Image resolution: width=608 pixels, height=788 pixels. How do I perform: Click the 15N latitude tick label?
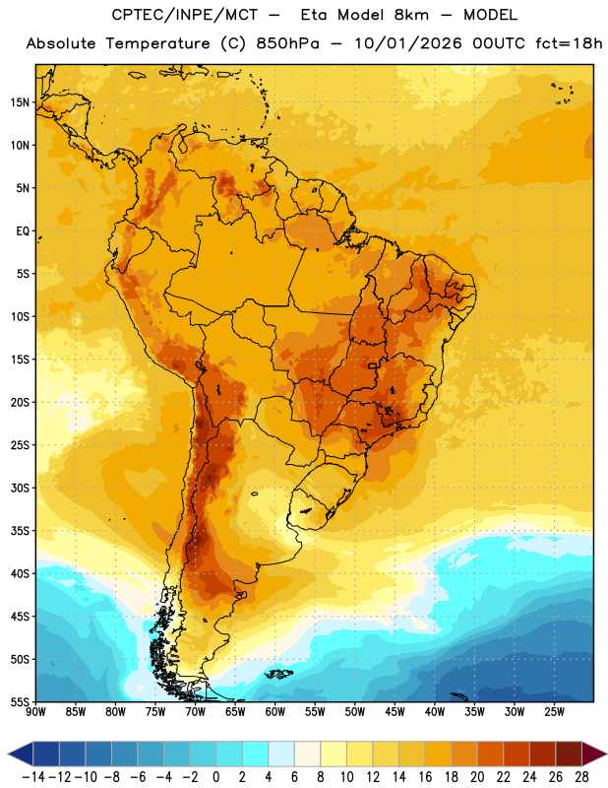coord(20,102)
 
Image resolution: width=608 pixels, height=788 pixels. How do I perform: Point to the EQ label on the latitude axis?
coord(23,231)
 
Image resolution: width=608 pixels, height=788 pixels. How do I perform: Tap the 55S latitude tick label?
coord(20,701)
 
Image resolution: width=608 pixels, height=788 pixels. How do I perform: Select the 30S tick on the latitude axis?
coord(20,488)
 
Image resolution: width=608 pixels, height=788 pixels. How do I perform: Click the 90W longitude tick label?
coord(36,711)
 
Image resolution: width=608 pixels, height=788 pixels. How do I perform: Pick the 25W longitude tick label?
coord(554,711)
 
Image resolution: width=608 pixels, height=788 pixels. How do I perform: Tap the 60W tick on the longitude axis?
coord(275,711)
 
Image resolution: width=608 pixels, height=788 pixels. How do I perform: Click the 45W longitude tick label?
coord(395,711)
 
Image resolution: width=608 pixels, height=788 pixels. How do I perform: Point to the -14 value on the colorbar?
coord(33,777)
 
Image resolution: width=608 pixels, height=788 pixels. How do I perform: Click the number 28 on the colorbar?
coord(581,777)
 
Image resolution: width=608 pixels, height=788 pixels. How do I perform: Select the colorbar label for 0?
coord(215,777)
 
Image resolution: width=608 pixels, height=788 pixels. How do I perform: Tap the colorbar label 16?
coord(425,777)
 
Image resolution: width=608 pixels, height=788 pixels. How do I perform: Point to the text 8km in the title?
coord(411,15)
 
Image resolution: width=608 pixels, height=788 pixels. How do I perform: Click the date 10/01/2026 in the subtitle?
coord(408,43)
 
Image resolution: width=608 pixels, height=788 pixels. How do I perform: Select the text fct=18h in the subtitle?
coord(569,43)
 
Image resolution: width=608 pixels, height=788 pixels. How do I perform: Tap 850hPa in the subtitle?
coord(287,43)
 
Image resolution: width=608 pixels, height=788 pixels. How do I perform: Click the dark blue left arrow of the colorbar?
coord(21,754)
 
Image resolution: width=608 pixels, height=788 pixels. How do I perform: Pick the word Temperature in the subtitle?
coord(158,44)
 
